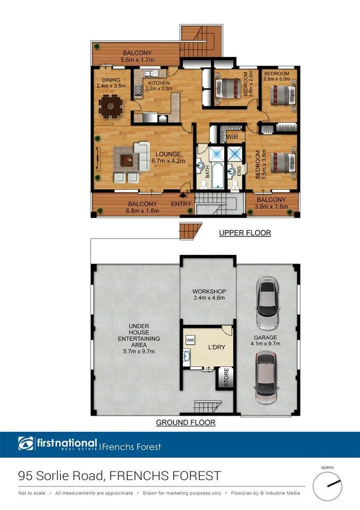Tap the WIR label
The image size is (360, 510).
234,138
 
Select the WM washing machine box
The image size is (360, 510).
190,340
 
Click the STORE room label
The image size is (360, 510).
227,378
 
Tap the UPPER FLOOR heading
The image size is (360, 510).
245,233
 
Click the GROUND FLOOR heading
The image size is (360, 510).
186,423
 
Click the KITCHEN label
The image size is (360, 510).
159,83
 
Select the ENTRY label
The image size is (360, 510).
181,204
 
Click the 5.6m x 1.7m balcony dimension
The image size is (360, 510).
138,60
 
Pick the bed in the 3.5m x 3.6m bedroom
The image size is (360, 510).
279,162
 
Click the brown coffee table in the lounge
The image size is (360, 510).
127,160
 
